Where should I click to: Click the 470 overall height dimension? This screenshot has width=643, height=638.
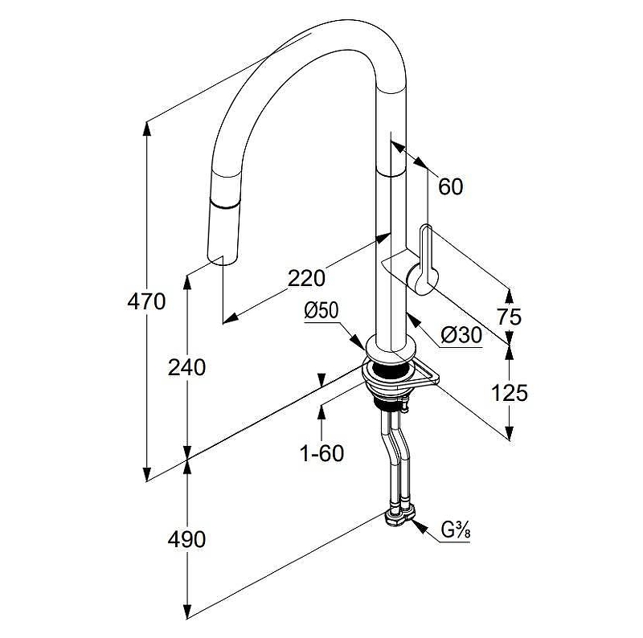point(146,302)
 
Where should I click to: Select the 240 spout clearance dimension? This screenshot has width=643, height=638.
point(187,367)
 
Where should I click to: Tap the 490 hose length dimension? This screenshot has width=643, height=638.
point(187,539)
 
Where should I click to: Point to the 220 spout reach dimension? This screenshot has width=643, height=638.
point(306,278)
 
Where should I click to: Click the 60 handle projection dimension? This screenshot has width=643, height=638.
point(451,186)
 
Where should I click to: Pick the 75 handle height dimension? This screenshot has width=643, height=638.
point(509,317)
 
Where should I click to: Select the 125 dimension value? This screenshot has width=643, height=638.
point(509,393)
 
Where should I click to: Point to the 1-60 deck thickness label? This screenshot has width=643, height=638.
point(321,453)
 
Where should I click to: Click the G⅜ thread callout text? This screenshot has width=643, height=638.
point(455,531)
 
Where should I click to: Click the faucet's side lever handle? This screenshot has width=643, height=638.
point(425,256)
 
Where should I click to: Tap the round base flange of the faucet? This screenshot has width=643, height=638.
point(391,350)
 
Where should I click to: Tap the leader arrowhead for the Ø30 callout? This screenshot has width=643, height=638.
point(412,317)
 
